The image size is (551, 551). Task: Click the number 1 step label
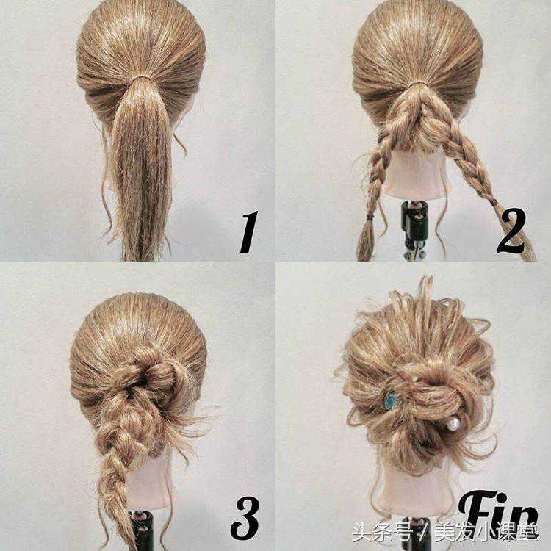[249, 232]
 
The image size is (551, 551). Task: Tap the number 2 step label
[511, 231]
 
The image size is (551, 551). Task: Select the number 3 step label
[245, 518]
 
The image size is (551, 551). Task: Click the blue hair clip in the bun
[390, 401]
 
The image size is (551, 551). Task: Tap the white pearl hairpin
[453, 424]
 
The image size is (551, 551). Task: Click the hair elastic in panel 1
[140, 76]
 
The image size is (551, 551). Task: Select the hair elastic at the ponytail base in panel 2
[417, 83]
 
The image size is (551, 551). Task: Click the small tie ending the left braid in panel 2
[370, 218]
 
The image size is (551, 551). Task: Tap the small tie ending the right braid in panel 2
[494, 202]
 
